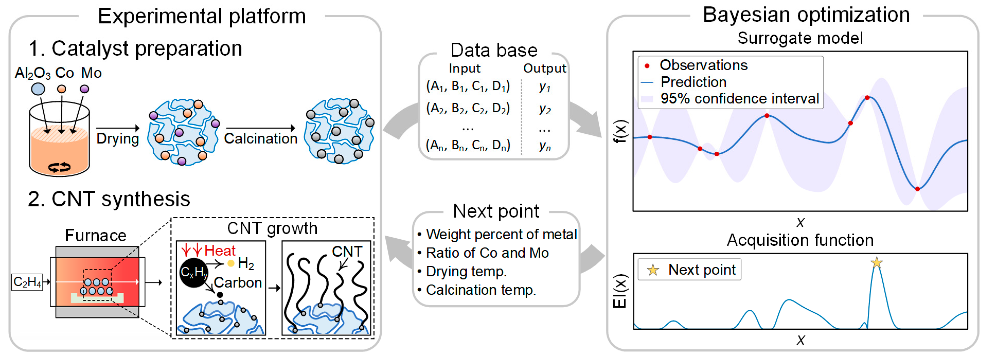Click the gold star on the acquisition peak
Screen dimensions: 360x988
(877, 263)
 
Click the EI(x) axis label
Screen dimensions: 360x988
(620, 291)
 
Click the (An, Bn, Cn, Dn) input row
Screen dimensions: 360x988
(468, 145)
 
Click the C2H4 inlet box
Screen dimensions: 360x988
(27, 282)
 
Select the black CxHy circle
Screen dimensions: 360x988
(194, 273)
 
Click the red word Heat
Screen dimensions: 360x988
(220, 251)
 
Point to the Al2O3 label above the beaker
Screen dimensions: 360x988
(33, 73)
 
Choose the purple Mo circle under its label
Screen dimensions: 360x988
(84, 89)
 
